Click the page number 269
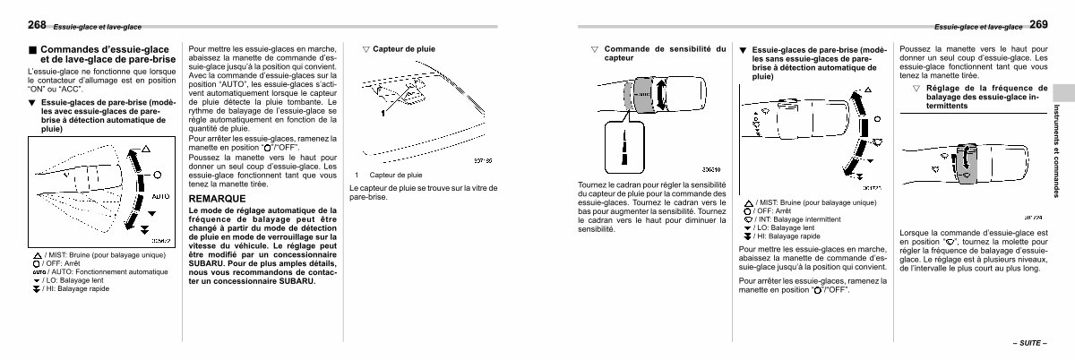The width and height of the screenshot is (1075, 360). click(x=1038, y=24)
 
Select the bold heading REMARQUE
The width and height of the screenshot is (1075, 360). click(x=217, y=197)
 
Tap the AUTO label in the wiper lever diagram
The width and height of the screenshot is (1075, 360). click(x=159, y=195)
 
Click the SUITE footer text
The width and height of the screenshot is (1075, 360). click(x=1028, y=344)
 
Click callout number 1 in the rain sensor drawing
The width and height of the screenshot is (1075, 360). click(x=383, y=115)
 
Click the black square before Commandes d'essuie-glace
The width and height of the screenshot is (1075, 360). click(x=33, y=50)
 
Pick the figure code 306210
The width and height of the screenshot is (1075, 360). click(x=714, y=168)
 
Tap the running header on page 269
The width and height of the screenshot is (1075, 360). click(x=976, y=27)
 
